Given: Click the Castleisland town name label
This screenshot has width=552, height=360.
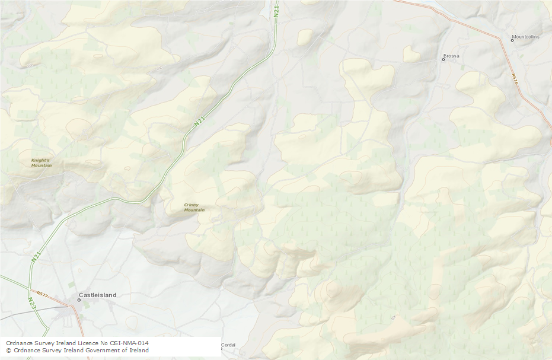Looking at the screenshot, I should point(98,295).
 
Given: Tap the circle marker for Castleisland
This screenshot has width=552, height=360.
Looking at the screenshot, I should point(78,300).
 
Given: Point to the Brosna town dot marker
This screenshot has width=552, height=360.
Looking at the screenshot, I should point(443,59).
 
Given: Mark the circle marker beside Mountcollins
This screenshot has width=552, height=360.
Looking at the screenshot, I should point(513,40).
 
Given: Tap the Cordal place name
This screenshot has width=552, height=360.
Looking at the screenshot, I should point(228,345).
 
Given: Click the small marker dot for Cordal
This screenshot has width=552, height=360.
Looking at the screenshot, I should point(221,348).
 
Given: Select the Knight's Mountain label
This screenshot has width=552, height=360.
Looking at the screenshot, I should point(42,163).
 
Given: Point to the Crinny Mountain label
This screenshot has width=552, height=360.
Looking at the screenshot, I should point(194,208).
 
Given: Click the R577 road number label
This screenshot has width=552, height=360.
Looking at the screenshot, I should point(42,294).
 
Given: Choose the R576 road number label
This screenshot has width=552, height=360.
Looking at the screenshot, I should point(515,79).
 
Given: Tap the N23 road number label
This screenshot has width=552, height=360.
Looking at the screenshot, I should point(31,303).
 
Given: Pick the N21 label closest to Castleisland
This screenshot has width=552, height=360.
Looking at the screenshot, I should point(36,257).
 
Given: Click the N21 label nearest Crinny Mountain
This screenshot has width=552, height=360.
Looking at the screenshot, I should point(199,122).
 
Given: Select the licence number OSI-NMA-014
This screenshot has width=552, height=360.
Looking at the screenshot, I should point(129,343).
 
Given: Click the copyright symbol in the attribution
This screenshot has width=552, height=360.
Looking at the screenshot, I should point(8,351).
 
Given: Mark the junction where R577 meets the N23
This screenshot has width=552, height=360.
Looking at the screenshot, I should point(29,291).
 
